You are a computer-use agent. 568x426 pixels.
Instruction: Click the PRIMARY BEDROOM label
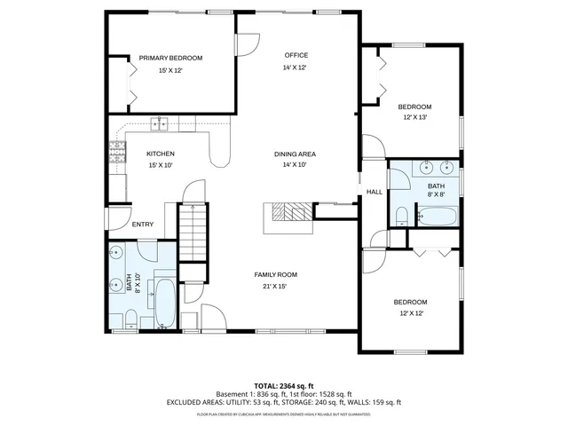click(170, 59)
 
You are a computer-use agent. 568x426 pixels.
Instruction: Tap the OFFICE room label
click(296, 55)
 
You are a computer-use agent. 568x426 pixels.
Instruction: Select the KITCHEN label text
click(161, 154)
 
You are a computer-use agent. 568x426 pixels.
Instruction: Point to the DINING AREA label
click(294, 154)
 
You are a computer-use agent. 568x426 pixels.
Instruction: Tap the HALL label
click(375, 192)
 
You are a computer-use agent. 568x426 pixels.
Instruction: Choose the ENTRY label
click(143, 225)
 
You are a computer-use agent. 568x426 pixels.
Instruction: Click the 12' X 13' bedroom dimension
click(415, 117)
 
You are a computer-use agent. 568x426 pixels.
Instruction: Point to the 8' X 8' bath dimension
click(437, 193)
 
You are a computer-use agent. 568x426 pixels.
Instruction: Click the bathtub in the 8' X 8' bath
click(437, 216)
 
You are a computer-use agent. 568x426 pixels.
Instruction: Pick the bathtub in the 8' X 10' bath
click(165, 302)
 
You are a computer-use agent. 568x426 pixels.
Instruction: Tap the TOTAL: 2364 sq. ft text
click(283, 385)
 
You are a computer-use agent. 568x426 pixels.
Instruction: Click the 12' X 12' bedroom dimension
click(411, 313)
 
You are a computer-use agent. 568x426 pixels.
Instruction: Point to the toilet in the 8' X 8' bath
click(401, 216)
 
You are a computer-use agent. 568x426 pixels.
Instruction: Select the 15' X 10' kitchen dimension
click(161, 165)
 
